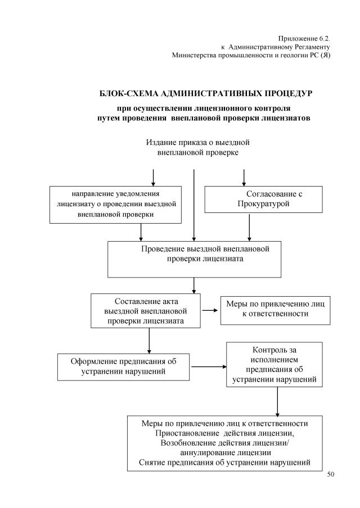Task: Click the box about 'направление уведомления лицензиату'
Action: pos(116,203)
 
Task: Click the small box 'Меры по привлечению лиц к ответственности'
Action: pos(275,309)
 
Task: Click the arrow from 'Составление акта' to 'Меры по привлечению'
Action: pos(210,310)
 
